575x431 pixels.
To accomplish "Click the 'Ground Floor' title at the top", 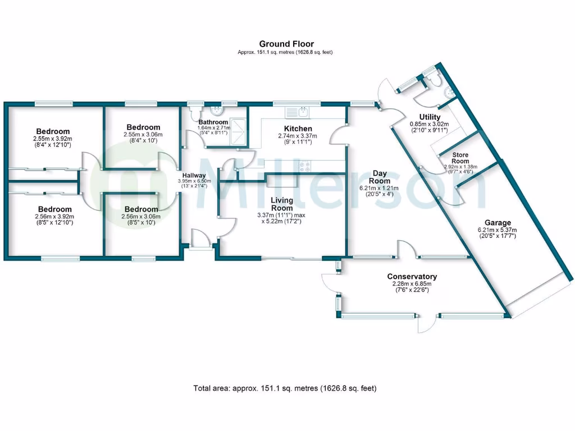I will (x=286, y=44).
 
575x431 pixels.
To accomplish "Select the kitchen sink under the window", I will (x=298, y=112).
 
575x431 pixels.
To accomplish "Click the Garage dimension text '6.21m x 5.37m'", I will (x=489, y=230).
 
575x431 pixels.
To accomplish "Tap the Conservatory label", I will (x=412, y=277).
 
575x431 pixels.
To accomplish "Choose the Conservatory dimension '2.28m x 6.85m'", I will (x=412, y=284).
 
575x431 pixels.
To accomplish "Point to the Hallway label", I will (x=194, y=175).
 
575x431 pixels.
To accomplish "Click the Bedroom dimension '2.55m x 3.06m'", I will (x=143, y=135).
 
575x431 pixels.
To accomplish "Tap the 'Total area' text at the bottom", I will (x=285, y=388).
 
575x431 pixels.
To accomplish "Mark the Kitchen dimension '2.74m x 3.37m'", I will (x=295, y=136).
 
